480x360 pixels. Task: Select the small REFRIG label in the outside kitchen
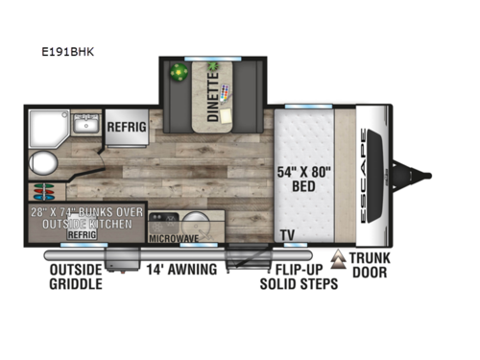point(84,232)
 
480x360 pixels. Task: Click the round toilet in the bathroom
point(42,159)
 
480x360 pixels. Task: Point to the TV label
point(286,235)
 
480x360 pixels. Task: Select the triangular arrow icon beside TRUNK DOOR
point(338,259)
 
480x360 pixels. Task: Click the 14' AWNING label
point(183,271)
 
